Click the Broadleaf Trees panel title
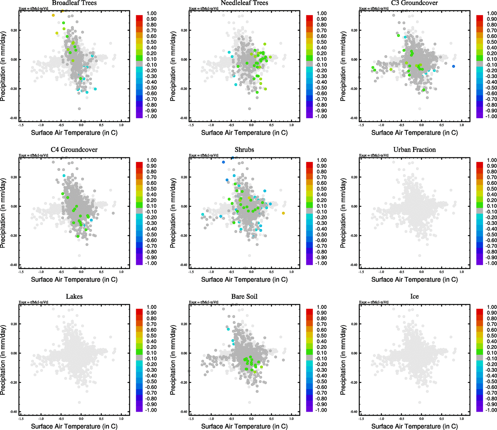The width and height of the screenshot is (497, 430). coord(74,3)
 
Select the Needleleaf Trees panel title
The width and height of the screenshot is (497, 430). coord(244,3)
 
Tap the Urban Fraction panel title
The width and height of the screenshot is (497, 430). coord(415,150)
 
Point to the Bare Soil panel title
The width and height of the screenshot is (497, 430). coord(244,296)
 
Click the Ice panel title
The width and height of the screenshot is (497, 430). coord(415,296)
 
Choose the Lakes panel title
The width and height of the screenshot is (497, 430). coord(74,296)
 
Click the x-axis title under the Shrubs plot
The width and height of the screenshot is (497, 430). coord(244,279)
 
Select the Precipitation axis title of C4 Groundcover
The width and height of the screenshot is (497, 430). coord(3,213)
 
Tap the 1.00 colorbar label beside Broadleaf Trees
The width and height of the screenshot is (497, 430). coord(152,13)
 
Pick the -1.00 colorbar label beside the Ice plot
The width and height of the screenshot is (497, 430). coord(491,410)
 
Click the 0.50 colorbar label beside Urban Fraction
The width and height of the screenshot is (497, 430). coord(492,189)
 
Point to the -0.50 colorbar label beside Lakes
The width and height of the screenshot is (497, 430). coord(151,381)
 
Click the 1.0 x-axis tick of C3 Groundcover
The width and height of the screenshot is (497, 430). coord(462,125)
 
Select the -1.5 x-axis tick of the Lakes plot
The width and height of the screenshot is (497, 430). coord(21,419)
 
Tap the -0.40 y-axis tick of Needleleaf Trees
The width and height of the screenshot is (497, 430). coord(183,118)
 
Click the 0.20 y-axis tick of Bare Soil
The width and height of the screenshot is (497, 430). coord(183,324)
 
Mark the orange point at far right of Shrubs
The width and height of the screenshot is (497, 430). coord(283,213)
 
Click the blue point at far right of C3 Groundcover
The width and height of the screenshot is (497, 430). coord(454,66)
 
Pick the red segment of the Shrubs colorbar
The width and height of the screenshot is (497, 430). coord(310,164)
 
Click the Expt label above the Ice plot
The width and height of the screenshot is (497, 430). coord(374,302)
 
